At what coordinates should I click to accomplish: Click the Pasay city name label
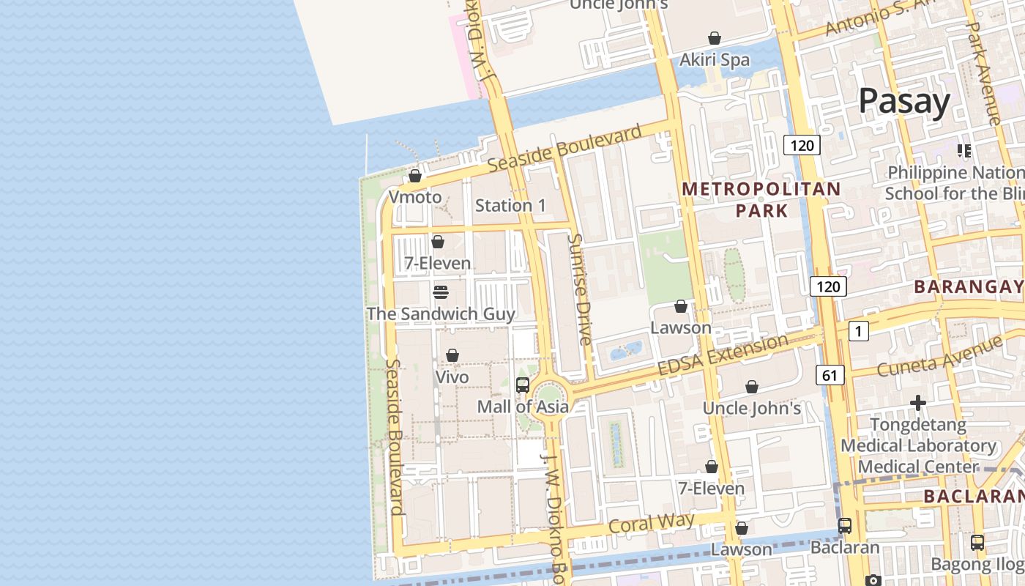pyautogui.click(x=904, y=101)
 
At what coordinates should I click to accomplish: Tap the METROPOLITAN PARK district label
pyautogui.click(x=761, y=200)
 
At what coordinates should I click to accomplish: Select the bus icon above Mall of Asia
pyautogui.click(x=523, y=385)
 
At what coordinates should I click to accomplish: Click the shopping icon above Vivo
pyautogui.click(x=452, y=355)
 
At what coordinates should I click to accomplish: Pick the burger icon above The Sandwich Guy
pyautogui.click(x=441, y=292)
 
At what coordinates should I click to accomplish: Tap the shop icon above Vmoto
pyautogui.click(x=415, y=176)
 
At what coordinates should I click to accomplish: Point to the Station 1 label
pyautogui.click(x=510, y=205)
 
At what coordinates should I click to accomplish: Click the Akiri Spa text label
pyautogui.click(x=715, y=60)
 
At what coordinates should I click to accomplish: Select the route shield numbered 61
pyautogui.click(x=829, y=376)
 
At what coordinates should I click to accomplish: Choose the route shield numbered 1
pyautogui.click(x=858, y=331)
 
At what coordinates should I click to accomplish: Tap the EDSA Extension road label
pyautogui.click(x=723, y=355)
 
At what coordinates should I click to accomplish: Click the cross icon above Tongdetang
pyautogui.click(x=918, y=403)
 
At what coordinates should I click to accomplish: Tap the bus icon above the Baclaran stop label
pyautogui.click(x=845, y=525)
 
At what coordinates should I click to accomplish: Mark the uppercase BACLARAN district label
pyautogui.click(x=973, y=496)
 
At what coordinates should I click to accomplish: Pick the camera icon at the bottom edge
pyautogui.click(x=873, y=580)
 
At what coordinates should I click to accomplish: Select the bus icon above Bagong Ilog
pyautogui.click(x=977, y=543)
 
